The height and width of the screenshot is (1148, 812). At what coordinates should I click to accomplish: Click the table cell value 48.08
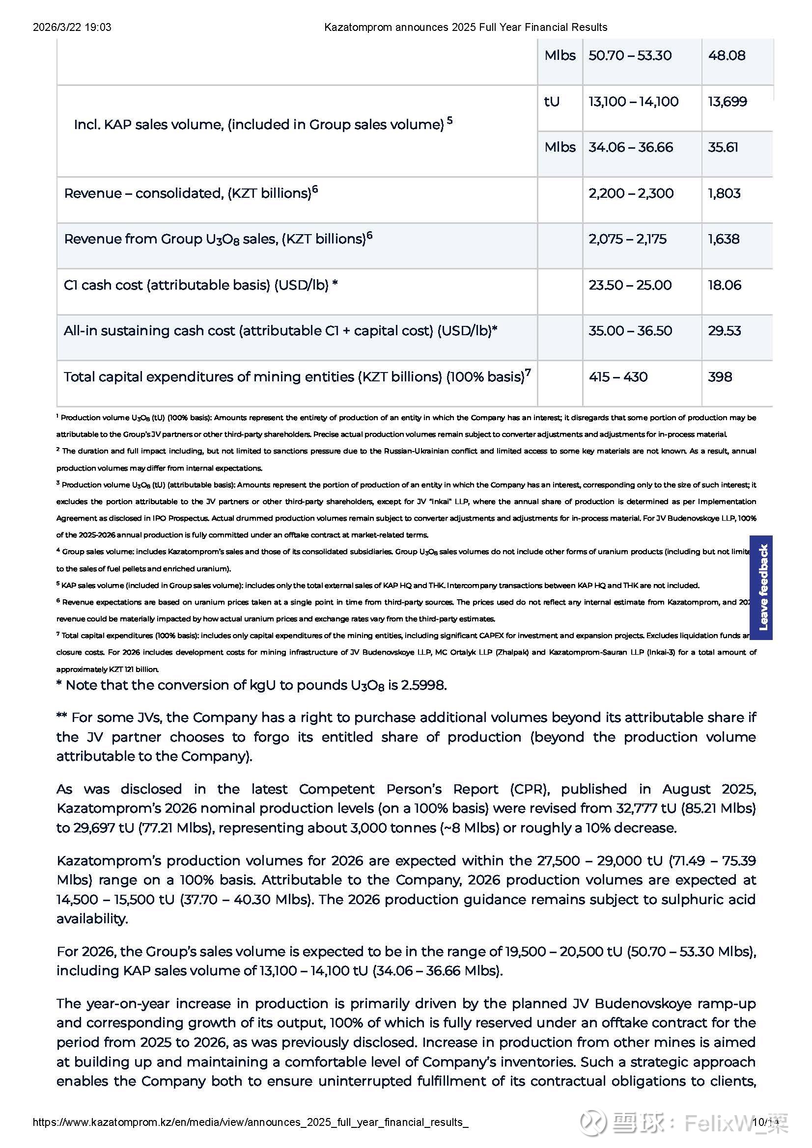[727, 55]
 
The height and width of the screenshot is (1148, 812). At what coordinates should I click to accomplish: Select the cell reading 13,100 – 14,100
[633, 102]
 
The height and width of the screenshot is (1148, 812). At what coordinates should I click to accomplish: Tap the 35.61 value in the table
[723, 148]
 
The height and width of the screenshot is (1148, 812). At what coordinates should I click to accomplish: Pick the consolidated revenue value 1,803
[724, 193]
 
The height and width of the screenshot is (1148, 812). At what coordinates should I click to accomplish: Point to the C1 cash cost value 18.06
[724, 285]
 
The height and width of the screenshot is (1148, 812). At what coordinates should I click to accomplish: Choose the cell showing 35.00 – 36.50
[630, 331]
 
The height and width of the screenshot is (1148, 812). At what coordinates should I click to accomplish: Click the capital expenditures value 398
[720, 377]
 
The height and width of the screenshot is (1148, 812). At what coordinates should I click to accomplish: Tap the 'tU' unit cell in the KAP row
[552, 102]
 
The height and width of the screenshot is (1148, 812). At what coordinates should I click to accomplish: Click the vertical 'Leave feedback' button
[761, 587]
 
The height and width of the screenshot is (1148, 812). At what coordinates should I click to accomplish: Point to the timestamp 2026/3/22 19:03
[72, 27]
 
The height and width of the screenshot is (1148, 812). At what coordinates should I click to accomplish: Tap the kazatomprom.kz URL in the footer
[250, 1122]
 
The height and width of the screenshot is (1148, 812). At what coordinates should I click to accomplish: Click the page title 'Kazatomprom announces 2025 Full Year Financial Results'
[465, 27]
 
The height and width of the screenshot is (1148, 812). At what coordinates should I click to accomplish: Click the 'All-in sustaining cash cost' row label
[280, 331]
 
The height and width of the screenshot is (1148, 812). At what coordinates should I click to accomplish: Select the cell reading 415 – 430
[618, 377]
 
